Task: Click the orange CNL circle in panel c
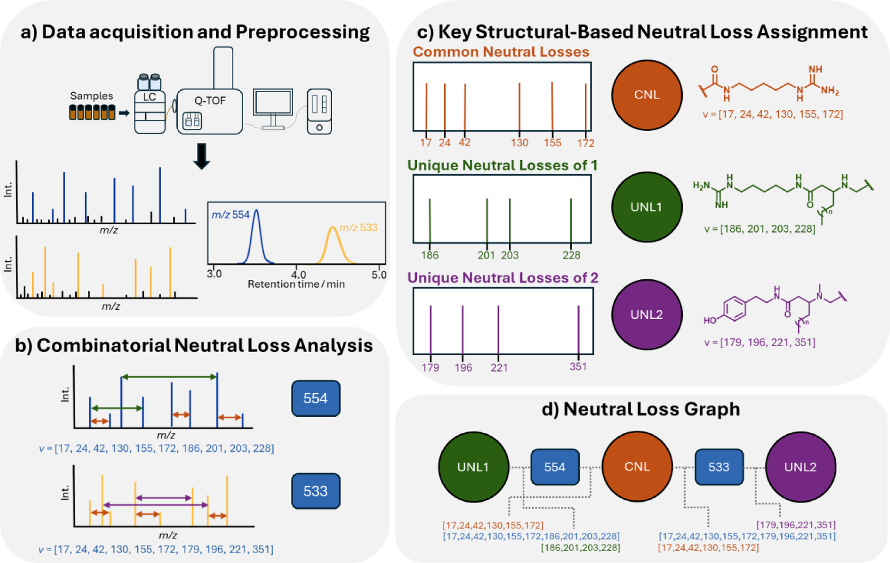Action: [646, 95]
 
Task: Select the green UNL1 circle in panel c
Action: [646, 207]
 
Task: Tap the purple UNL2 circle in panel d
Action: [800, 467]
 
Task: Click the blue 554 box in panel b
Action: [316, 398]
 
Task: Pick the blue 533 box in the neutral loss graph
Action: [718, 467]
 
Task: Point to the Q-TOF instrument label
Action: [210, 101]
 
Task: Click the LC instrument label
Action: [150, 97]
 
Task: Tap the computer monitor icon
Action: [273, 104]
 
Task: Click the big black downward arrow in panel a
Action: [202, 156]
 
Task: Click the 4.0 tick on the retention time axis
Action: [298, 275]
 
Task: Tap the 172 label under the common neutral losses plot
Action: [585, 143]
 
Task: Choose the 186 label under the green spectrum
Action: [430, 255]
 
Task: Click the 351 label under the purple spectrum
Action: [578, 366]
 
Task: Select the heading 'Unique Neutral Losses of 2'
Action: [502, 277]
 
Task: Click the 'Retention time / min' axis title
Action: [296, 284]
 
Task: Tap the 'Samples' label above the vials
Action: [92, 96]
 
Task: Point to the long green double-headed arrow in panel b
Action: [169, 377]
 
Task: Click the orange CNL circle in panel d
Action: [637, 467]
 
